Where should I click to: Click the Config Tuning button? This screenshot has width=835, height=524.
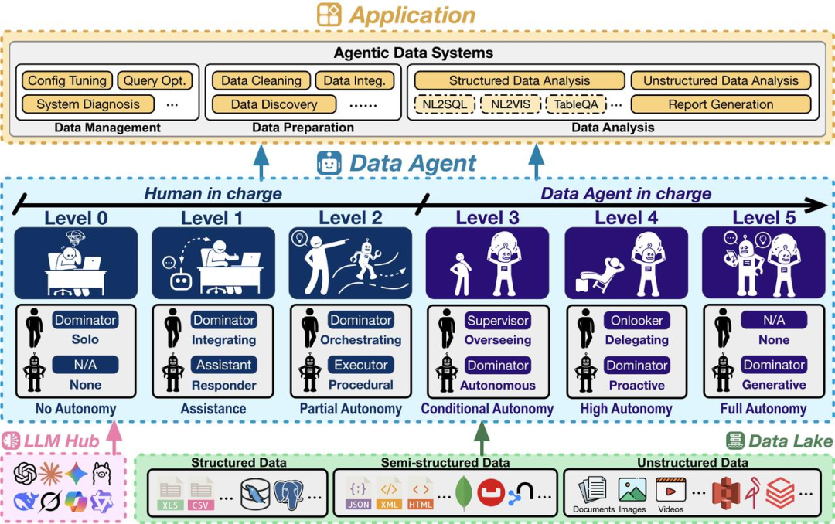[x=67, y=80]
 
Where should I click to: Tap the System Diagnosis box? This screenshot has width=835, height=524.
[x=88, y=104]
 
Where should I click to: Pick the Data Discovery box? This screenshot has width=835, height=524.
[x=274, y=104]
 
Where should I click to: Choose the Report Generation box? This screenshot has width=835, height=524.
[x=721, y=104]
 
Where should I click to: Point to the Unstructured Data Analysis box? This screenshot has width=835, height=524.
[x=721, y=80]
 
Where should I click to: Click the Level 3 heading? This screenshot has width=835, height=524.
[x=487, y=218]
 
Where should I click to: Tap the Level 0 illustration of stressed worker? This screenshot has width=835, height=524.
[x=76, y=263]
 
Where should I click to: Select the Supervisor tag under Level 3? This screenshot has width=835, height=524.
[x=498, y=320]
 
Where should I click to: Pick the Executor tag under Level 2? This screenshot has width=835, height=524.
[x=360, y=365]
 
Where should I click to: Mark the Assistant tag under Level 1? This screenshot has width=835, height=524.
[x=223, y=365]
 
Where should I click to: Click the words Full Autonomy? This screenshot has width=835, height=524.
[x=763, y=409]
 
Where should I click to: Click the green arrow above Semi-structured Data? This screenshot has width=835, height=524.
[x=482, y=437]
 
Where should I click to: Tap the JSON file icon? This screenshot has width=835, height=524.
[x=358, y=495]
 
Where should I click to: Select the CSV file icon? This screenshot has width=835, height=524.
[x=201, y=495]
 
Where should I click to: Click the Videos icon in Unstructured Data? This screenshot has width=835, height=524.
[x=670, y=492]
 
